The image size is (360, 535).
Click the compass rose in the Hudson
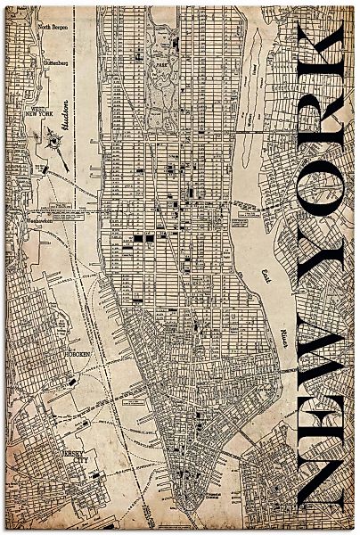(x=53, y=140)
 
